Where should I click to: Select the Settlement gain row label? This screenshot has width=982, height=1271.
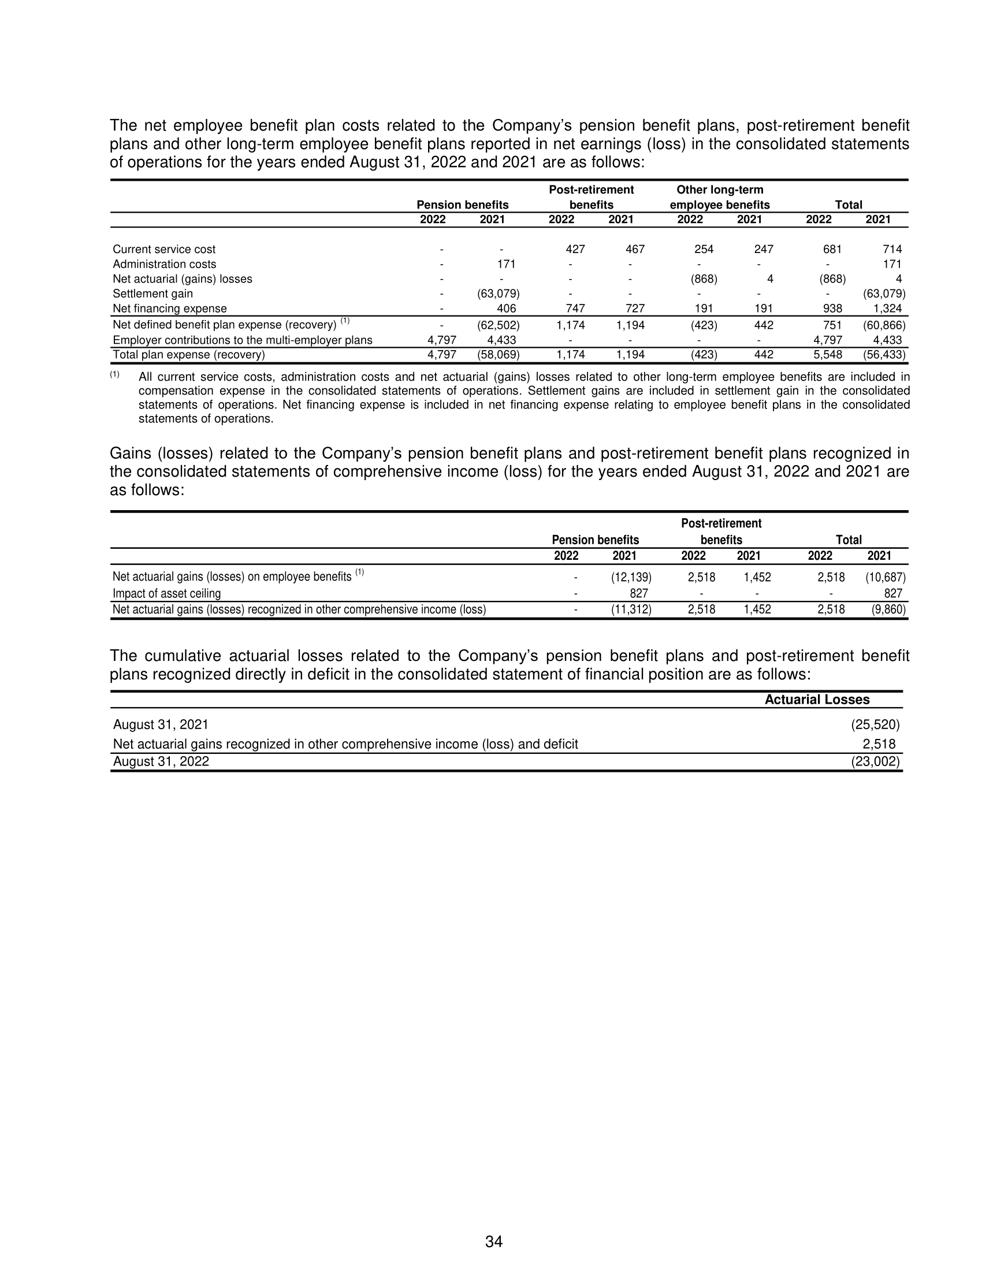point(152,293)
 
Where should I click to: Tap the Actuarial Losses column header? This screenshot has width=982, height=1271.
point(816,700)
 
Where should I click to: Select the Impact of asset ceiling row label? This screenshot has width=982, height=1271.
point(166,593)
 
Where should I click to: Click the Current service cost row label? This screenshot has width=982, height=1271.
point(163,249)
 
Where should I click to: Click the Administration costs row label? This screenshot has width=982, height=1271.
point(164,263)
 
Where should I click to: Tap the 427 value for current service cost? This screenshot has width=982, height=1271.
point(575,249)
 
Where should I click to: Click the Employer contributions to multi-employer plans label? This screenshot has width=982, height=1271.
point(242,340)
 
